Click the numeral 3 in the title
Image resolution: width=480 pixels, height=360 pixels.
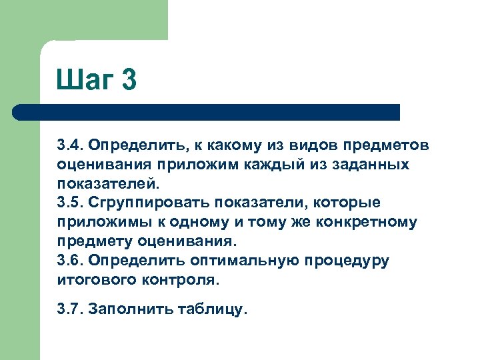pos(129,81)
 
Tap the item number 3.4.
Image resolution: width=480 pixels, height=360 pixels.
pos(69,145)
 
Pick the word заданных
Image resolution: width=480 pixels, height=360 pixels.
pos(372,164)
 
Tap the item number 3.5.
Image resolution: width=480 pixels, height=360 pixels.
pos(69,202)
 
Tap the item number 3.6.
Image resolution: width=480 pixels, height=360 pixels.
pos(69,260)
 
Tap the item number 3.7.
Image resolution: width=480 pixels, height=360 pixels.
pos(69,309)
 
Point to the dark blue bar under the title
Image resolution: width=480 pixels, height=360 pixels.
pos(207,112)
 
